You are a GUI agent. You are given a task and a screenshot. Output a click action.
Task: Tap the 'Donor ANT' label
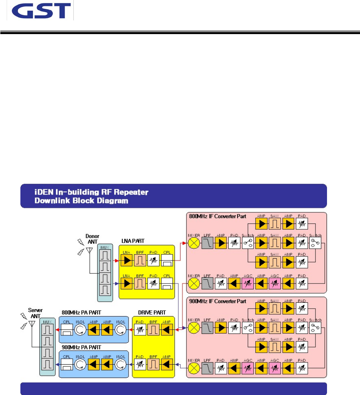(92, 239)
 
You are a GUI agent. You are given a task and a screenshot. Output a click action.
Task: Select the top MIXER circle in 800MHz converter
(194, 243)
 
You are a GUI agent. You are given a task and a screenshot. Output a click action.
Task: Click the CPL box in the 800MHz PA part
(67, 329)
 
